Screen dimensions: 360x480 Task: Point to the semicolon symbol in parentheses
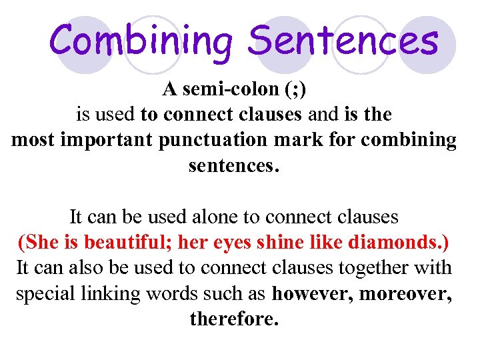(x=295, y=90)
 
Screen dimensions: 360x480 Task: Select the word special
(x=43, y=293)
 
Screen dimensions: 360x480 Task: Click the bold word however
(x=313, y=293)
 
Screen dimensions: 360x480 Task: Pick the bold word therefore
(x=233, y=319)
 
